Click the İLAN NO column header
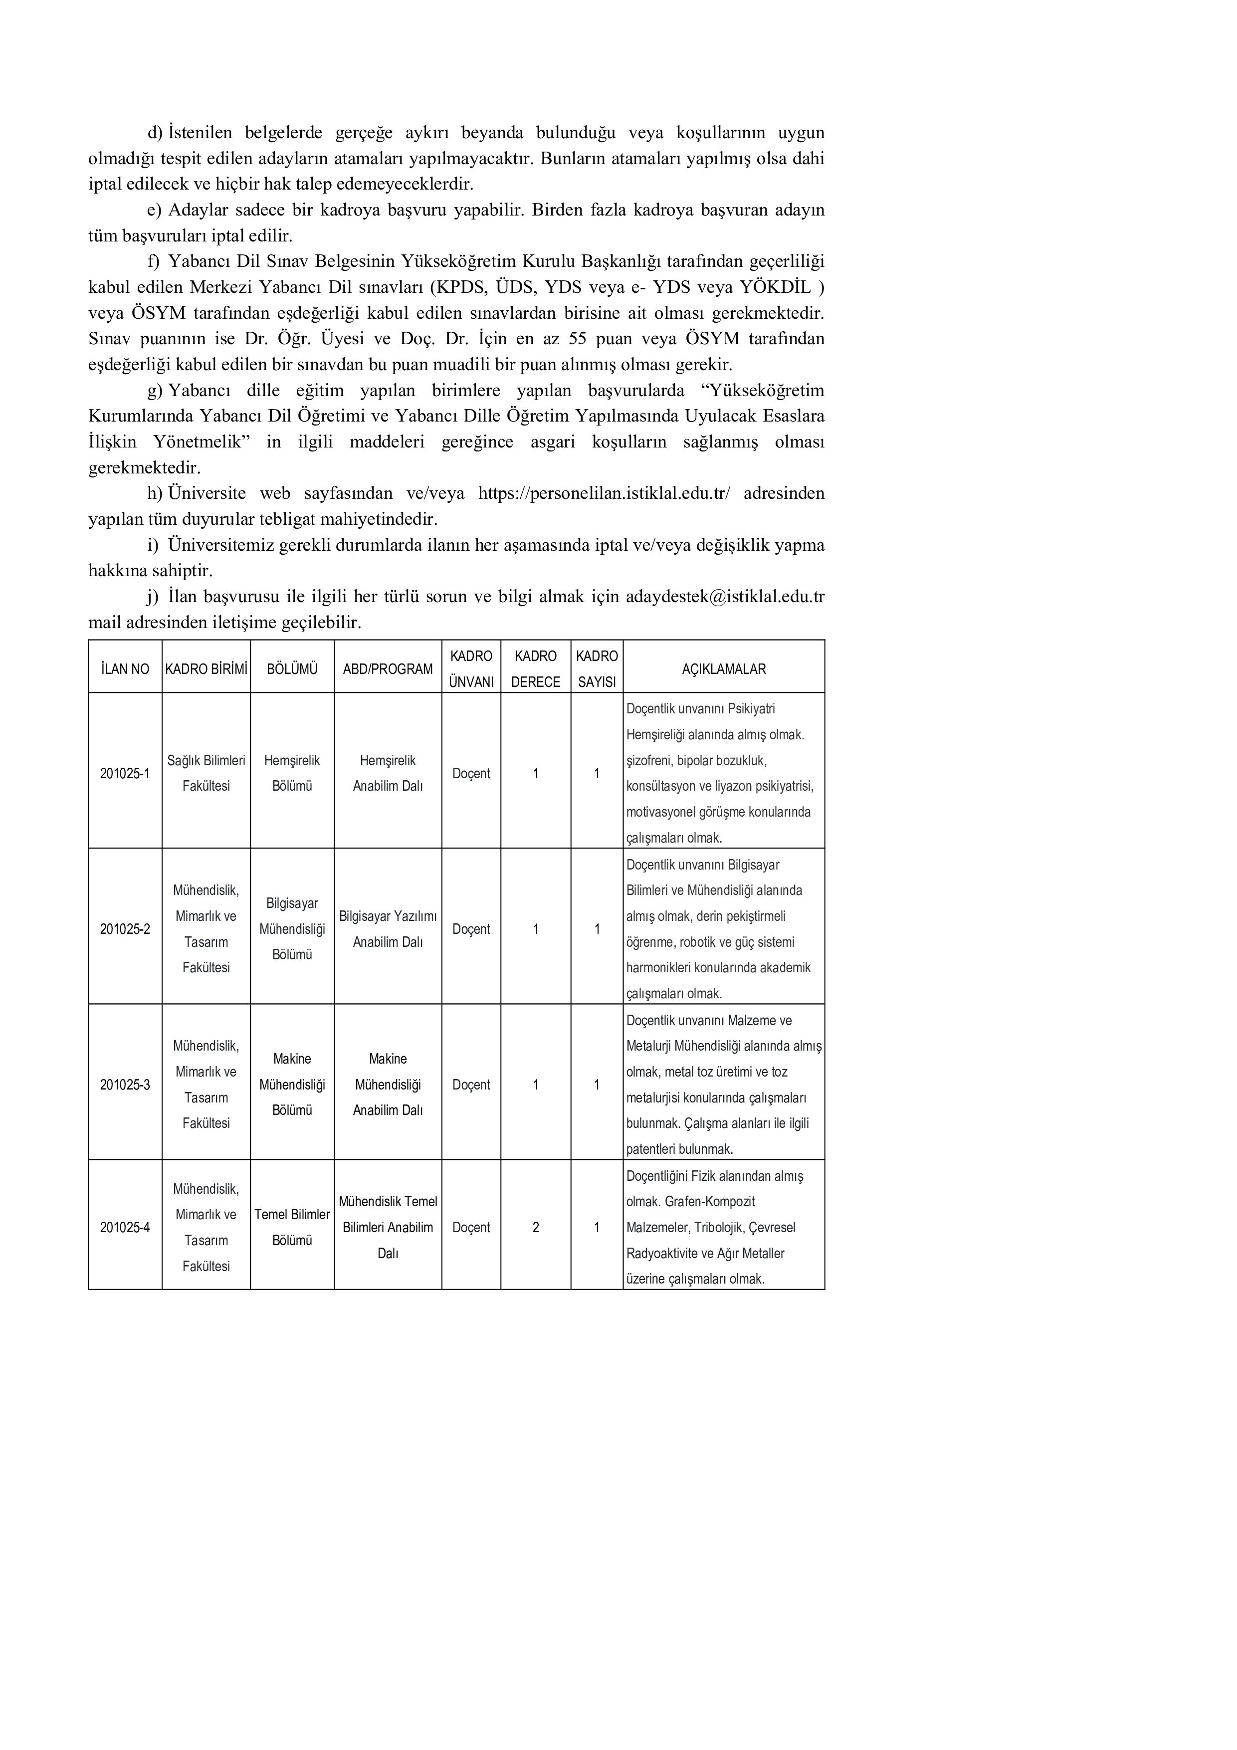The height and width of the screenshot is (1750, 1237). (125, 669)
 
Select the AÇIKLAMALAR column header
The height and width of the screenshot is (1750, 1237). (723, 669)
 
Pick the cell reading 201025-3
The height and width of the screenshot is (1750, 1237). (125, 1085)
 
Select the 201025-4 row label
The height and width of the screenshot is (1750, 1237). (125, 1227)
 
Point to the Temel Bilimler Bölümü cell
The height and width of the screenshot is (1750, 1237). (292, 1227)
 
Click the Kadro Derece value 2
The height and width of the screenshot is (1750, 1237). (536, 1227)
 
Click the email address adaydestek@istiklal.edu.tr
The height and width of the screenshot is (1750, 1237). (725, 597)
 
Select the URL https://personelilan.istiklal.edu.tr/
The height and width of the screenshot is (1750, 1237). (604, 494)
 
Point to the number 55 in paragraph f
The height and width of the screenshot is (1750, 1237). (578, 338)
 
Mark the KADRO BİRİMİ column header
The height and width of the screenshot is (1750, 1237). (206, 669)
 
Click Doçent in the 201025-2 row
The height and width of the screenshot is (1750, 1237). (471, 929)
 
